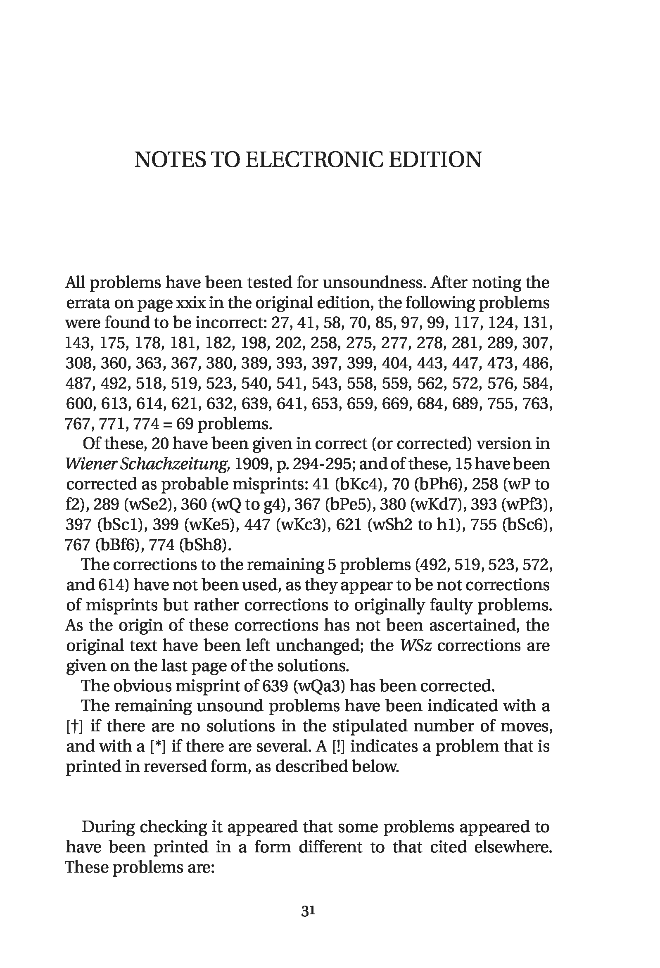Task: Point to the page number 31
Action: pyautogui.click(x=308, y=911)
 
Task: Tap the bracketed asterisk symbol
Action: pyautogui.click(x=158, y=746)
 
